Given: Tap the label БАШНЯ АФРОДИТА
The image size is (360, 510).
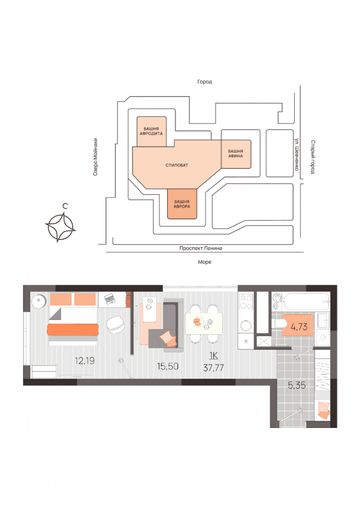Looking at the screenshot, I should coord(151,131).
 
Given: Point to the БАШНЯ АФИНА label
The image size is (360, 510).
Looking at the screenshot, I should coord(235,154).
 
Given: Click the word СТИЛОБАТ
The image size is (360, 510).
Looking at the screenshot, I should coord(176,166).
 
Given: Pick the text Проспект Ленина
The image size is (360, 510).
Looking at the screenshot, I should coord(201,248).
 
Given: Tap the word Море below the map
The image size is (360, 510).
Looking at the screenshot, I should coord(204,262).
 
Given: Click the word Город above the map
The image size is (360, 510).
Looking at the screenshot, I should coord(205,82).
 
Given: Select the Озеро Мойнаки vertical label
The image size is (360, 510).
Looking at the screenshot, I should coord(95,158).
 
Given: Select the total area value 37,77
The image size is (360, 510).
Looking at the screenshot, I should coord(213,366).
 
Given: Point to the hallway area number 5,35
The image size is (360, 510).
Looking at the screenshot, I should coord(296,386).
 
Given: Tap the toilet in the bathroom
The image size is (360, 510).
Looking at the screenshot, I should coord(278,324).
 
